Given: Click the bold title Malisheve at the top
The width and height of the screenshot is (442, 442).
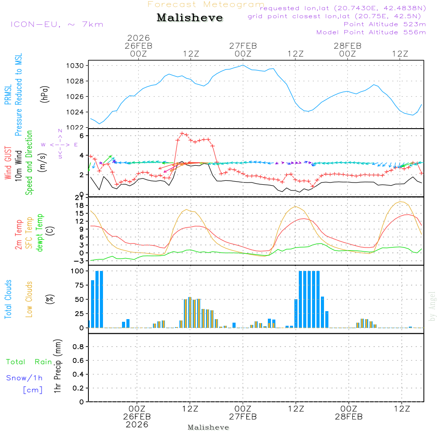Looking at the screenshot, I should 190,18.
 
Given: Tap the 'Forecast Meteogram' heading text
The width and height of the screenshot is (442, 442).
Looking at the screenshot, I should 206,4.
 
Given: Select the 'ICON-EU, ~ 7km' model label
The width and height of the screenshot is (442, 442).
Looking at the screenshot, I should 57,24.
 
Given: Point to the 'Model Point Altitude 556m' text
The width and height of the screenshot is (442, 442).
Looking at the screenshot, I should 371,32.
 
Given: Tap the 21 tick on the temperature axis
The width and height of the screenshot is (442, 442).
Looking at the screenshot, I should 80,197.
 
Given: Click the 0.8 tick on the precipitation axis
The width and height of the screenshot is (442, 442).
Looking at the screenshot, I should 78,347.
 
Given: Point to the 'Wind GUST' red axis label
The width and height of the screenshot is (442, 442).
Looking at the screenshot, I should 8,163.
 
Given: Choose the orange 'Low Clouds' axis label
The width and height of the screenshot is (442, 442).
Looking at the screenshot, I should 30,299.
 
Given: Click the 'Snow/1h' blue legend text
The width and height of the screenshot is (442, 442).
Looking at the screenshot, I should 24,378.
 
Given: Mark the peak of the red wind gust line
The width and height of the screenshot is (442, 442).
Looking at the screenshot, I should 182,133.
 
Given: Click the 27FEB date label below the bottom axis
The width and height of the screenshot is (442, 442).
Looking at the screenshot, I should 243,417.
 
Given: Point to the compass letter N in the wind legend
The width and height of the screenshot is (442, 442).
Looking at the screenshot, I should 60,131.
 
